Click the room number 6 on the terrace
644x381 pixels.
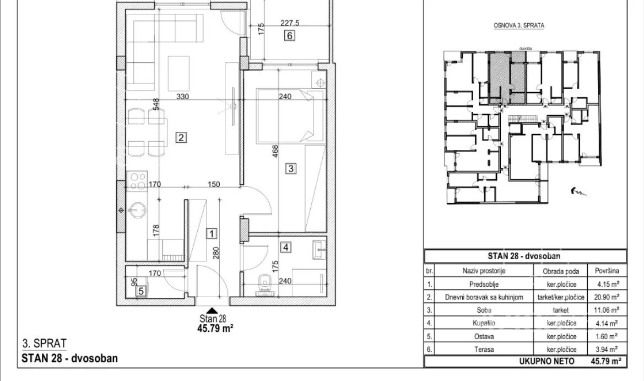[x=290, y=36]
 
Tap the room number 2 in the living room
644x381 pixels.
[x=181, y=137]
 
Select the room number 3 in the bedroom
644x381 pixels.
[x=291, y=168]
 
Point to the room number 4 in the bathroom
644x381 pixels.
[x=286, y=248]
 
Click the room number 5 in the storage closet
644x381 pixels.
[x=141, y=291]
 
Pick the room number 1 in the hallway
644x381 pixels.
[x=211, y=234]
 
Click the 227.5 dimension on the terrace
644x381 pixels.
[x=290, y=23]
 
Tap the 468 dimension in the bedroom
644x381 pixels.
[x=275, y=151]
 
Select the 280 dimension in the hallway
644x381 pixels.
[x=217, y=253]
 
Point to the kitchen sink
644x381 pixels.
[x=137, y=211]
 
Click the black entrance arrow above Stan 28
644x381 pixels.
[x=212, y=311]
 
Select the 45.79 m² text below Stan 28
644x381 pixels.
[x=215, y=328]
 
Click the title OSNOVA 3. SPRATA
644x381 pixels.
[x=519, y=25]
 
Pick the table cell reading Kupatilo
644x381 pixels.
[x=484, y=323]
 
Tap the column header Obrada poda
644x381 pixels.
[x=561, y=271]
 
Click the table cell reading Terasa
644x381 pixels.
[x=484, y=350]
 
